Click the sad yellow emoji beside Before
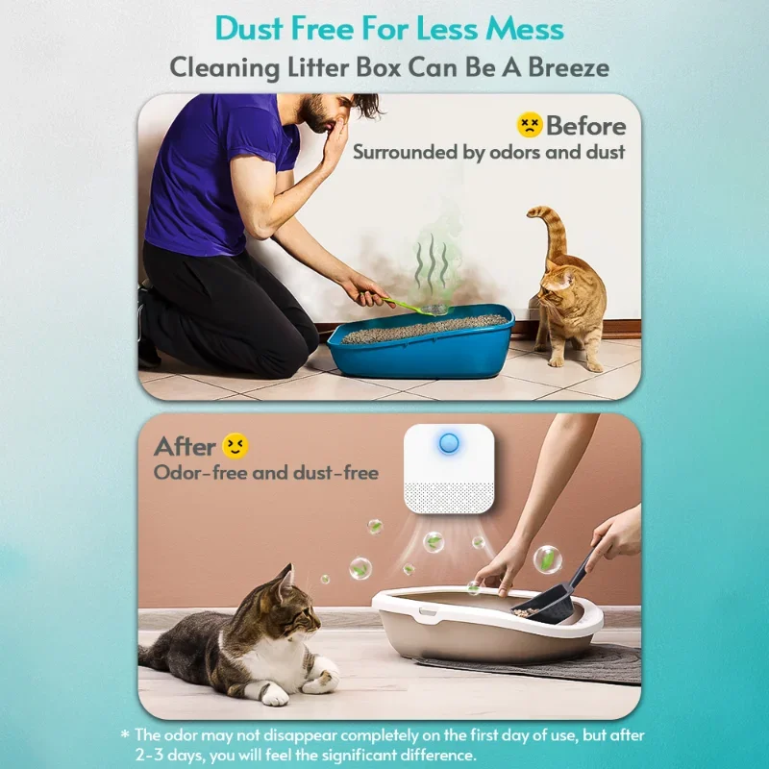pyautogui.click(x=530, y=125)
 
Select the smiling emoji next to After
pyautogui.click(x=236, y=446)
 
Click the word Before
pyautogui.click(x=586, y=126)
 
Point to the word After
pyautogui.click(x=185, y=447)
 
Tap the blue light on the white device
pyautogui.click(x=448, y=443)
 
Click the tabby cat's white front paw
pyautogui.click(x=275, y=694)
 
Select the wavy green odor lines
pyautogui.click(x=432, y=260)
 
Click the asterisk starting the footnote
pyautogui.click(x=126, y=734)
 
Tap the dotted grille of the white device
pyautogui.click(x=449, y=497)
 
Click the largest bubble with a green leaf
pyautogui.click(x=547, y=559)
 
